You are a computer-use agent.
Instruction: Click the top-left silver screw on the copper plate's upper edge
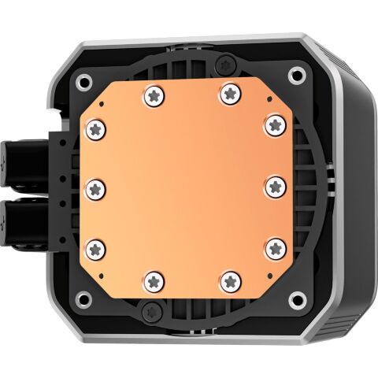pyautogui.click(x=152, y=95)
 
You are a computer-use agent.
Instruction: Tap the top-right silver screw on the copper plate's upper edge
pyautogui.click(x=228, y=93)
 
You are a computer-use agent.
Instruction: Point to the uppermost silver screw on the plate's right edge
pyautogui.click(x=272, y=123)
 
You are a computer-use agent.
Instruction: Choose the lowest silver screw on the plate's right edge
pyautogui.click(x=274, y=246)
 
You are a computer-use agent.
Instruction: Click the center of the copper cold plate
pyautogui.click(x=186, y=187)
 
